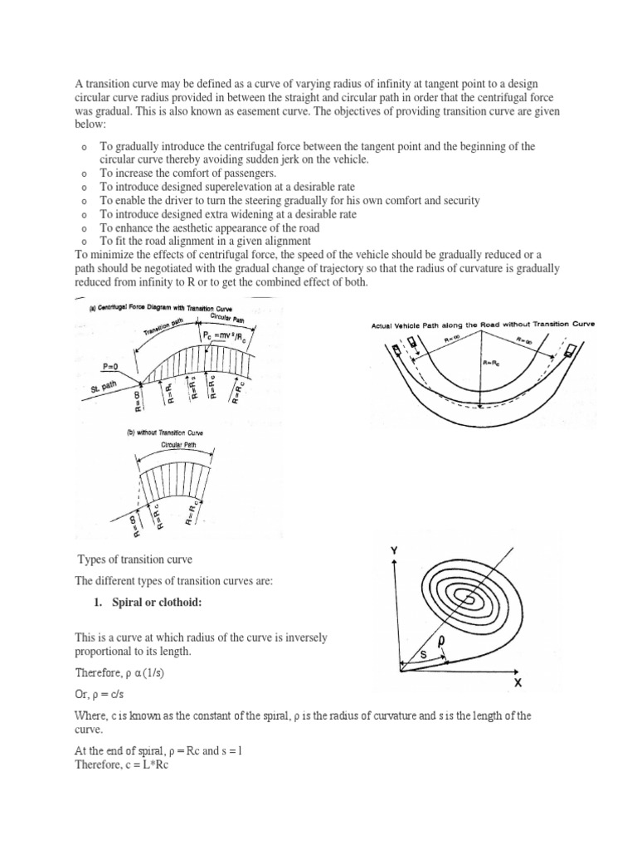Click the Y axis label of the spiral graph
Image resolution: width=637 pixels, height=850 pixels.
click(394, 550)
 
